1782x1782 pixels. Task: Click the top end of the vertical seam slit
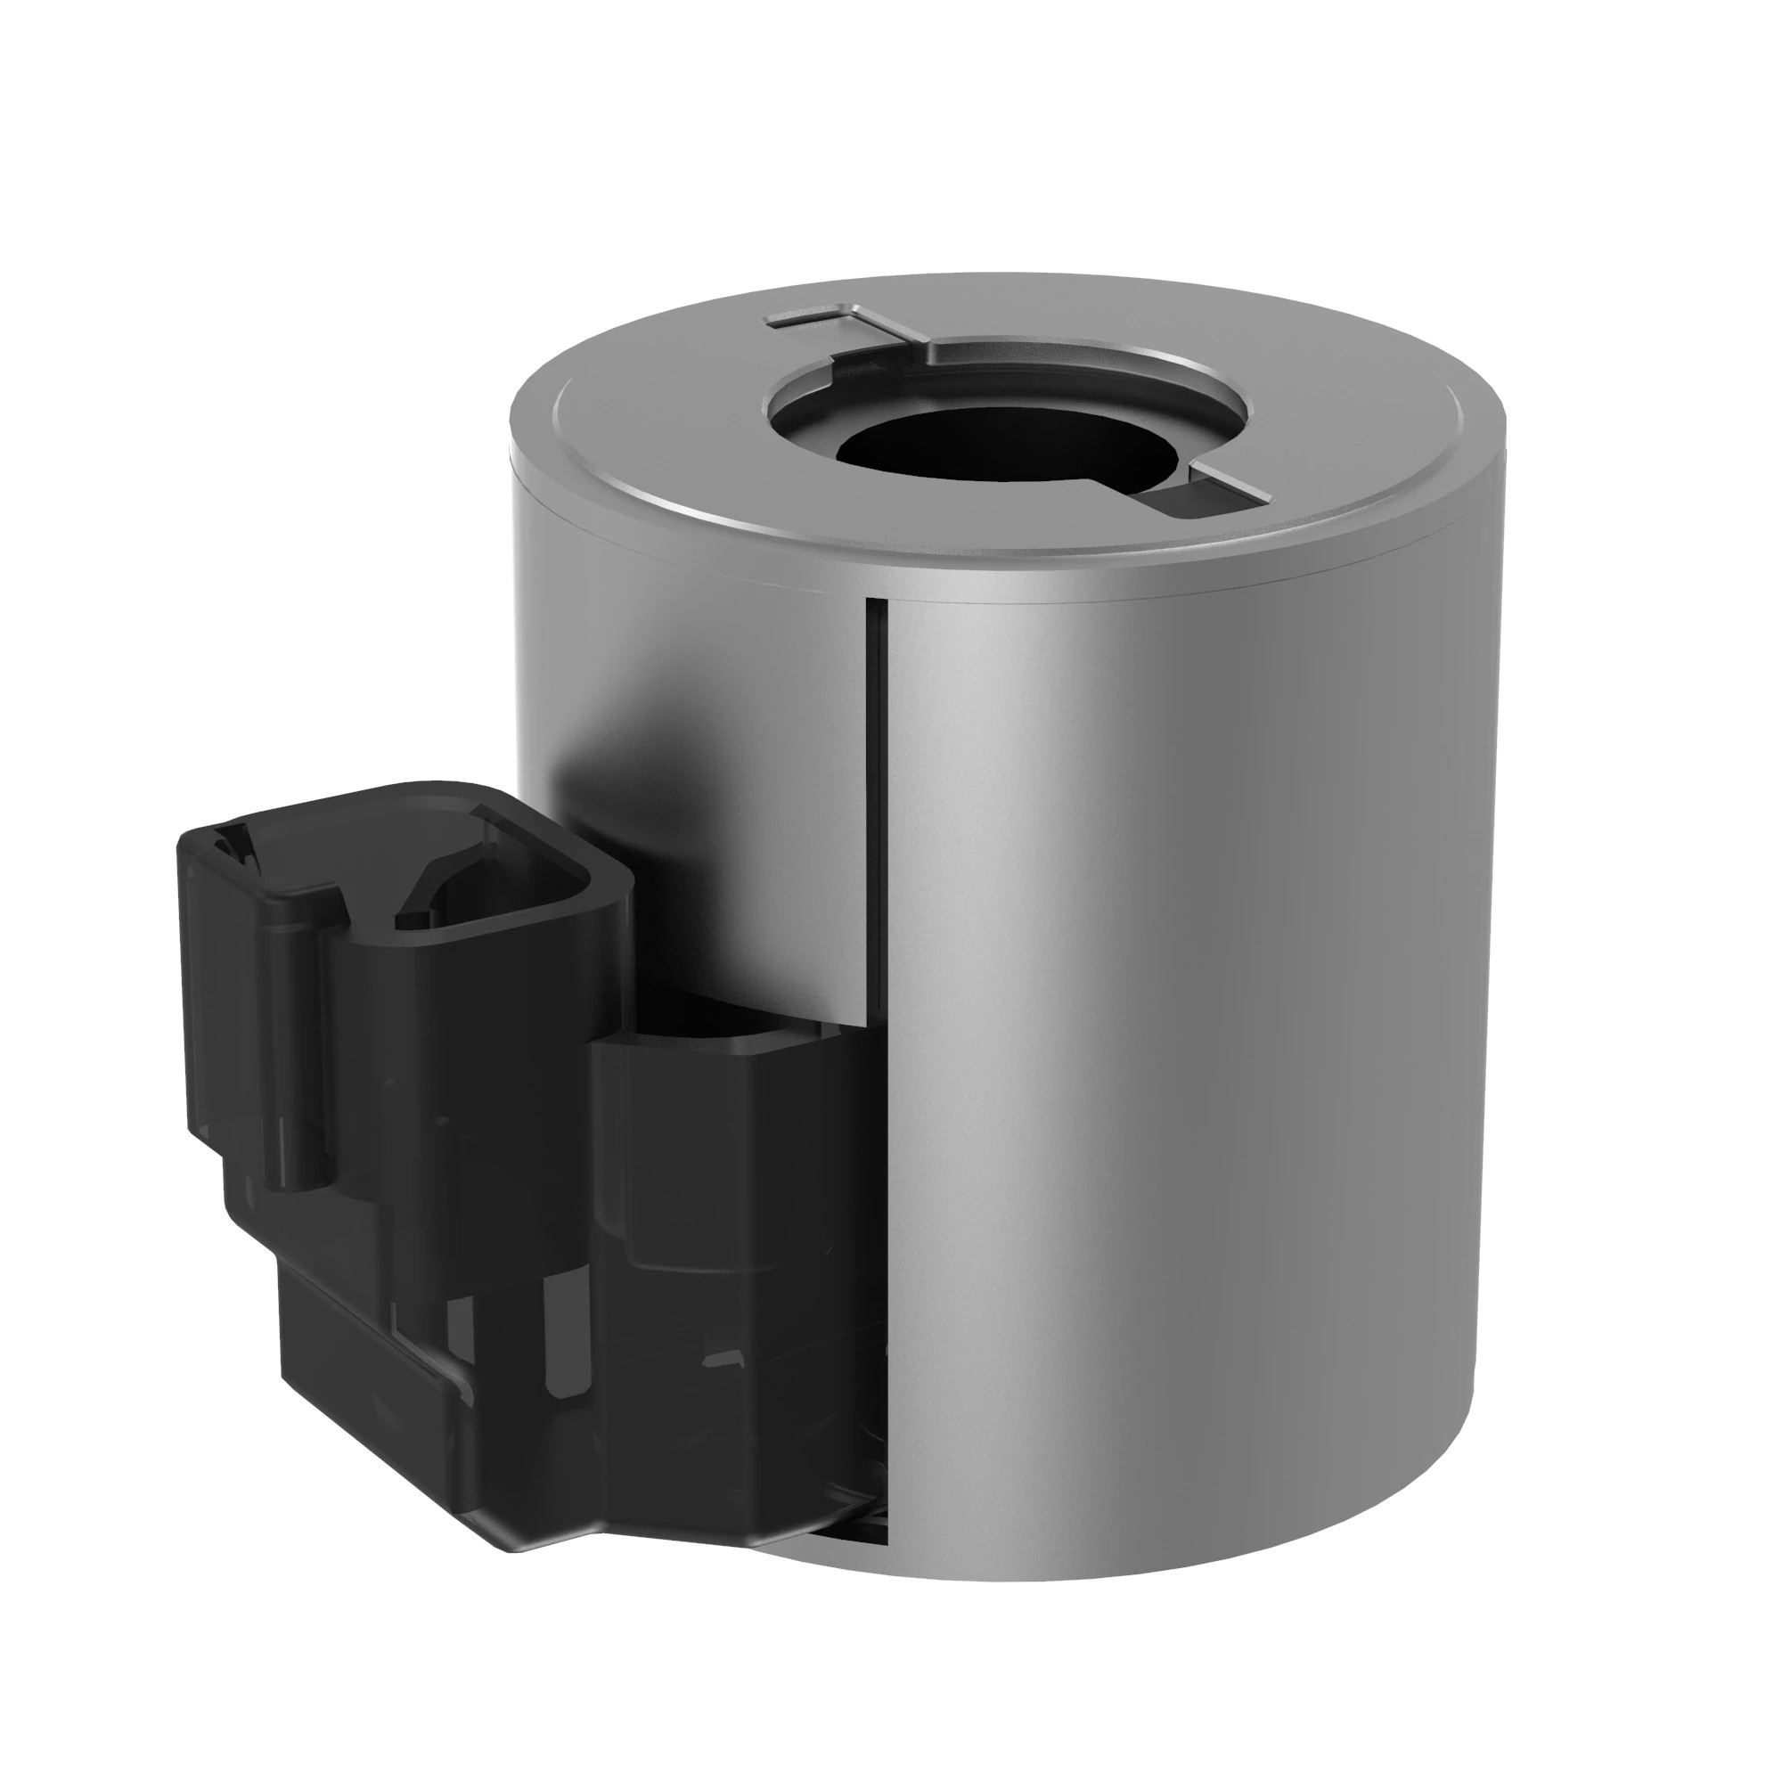pos(876,604)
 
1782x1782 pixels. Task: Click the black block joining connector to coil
pos(729,1199)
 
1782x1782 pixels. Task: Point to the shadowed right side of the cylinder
pos(1384,1015)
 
